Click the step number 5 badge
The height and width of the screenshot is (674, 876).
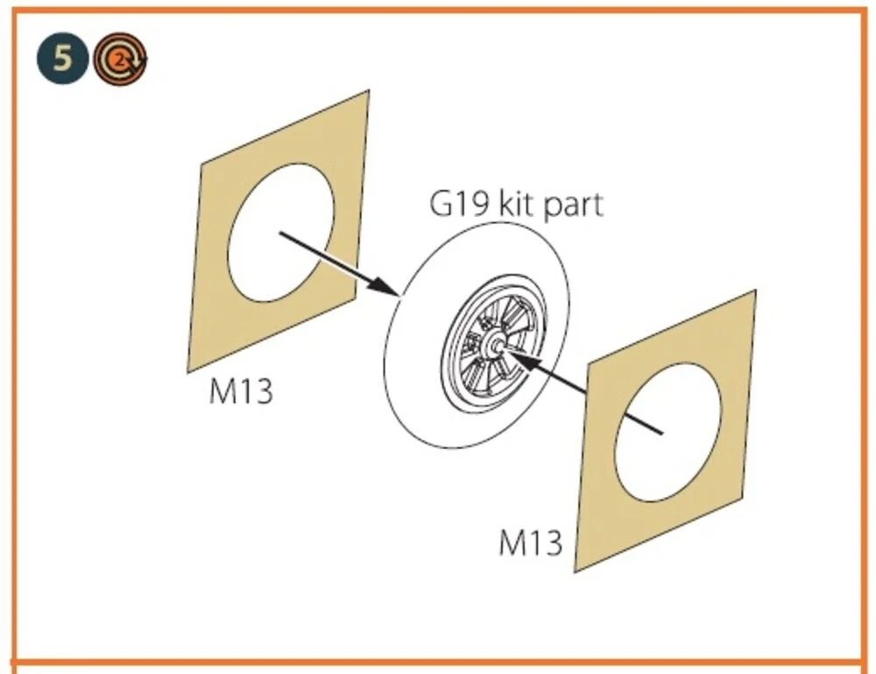tap(62, 58)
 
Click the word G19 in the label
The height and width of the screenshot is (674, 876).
tap(460, 204)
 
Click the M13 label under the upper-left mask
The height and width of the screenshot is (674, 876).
tap(241, 391)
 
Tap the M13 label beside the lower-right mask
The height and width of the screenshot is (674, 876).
tap(530, 542)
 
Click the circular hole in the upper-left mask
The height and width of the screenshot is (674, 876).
tap(281, 233)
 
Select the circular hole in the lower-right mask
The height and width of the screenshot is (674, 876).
tap(668, 432)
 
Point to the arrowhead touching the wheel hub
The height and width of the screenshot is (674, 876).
tap(519, 359)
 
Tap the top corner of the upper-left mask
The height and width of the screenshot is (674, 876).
tap(369, 90)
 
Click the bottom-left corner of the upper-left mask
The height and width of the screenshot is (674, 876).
tap(187, 373)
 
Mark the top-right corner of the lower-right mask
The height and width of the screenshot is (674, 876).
tap(756, 291)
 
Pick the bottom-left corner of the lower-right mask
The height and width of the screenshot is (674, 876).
tap(575, 572)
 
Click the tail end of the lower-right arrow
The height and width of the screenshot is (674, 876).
tap(662, 432)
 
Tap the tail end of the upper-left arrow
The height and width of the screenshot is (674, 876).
tap(279, 234)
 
